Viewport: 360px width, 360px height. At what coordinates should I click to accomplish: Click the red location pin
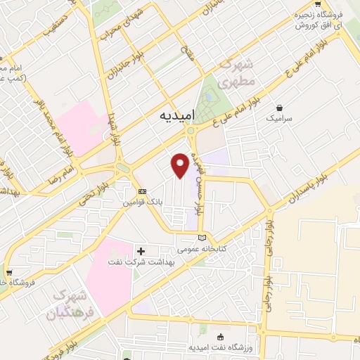coord(180,165)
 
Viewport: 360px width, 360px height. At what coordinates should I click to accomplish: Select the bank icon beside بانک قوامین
coord(142,191)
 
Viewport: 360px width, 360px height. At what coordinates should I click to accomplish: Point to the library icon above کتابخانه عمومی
coord(202,238)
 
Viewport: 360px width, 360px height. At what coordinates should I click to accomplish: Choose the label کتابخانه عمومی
coord(200,249)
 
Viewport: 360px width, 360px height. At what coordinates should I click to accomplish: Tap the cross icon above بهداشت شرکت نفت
coord(141,250)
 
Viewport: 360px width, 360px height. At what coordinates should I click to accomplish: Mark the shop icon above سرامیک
coord(281,108)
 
